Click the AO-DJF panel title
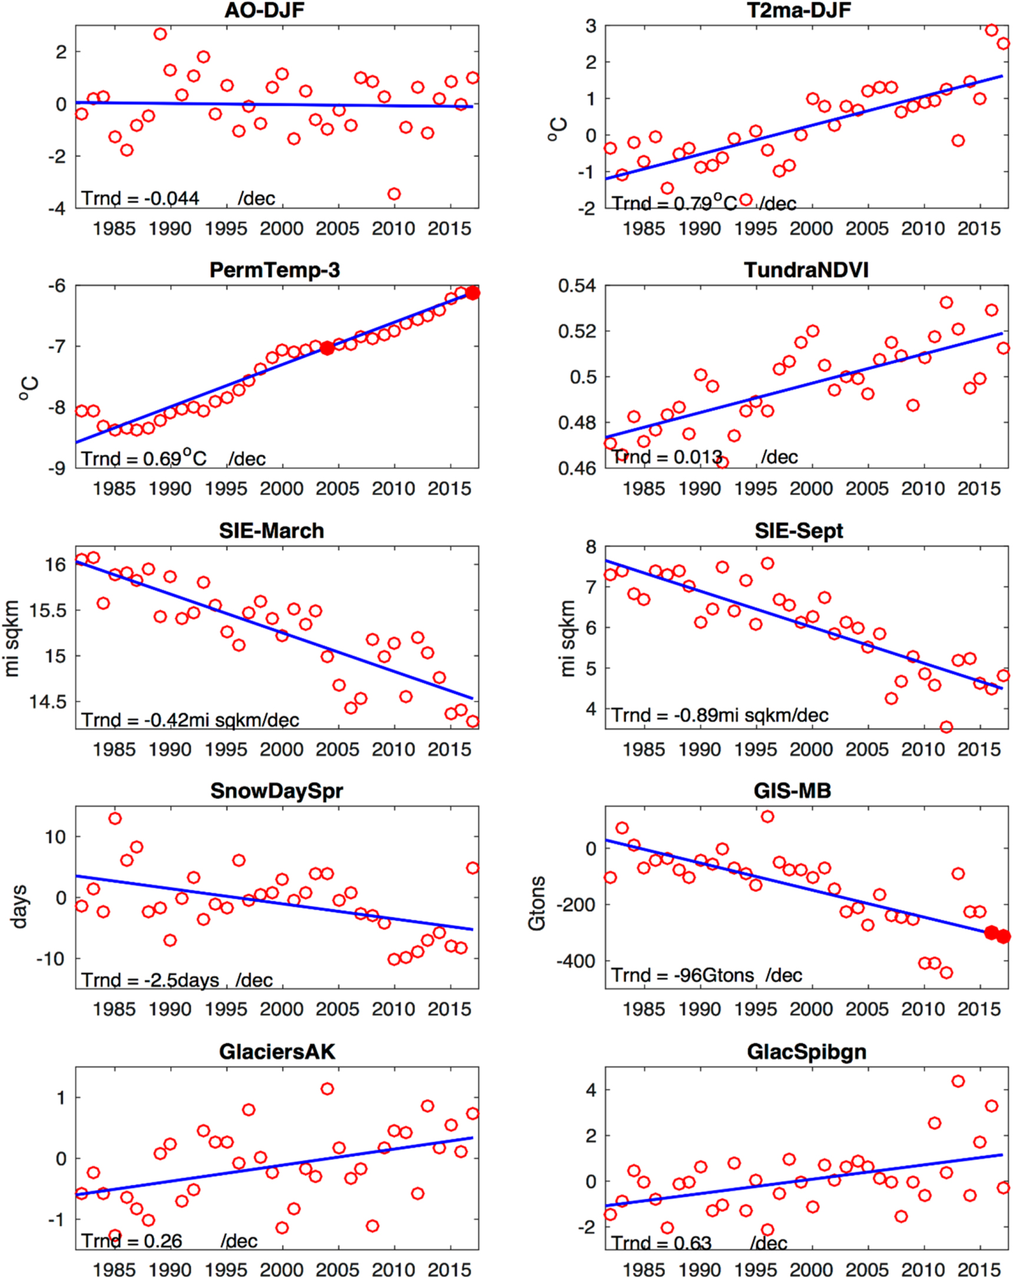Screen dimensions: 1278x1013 point(264,10)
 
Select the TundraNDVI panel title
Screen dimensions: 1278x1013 point(806,271)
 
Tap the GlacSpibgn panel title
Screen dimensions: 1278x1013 point(806,1052)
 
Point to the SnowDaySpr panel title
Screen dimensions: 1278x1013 point(277,790)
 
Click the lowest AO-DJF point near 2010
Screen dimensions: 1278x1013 point(394,194)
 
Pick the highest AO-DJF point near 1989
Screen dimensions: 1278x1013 point(160,34)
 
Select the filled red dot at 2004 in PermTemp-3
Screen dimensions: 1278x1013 point(327,348)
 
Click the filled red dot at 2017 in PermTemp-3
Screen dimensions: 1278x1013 point(472,293)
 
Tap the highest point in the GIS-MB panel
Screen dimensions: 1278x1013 point(767,816)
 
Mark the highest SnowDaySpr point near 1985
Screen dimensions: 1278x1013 point(115,818)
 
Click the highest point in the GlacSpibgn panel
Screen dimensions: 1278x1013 point(958,1081)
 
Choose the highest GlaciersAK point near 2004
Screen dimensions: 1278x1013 point(327,1089)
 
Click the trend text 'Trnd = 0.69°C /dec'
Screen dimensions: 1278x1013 point(173,458)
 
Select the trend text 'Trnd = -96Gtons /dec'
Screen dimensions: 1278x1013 point(706,975)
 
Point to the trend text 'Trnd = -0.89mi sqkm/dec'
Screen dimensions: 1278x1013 point(720,716)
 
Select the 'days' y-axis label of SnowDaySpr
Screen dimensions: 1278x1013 point(19,907)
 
